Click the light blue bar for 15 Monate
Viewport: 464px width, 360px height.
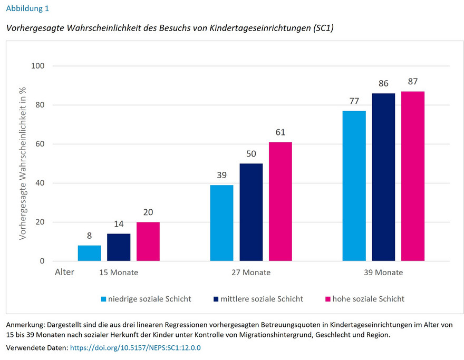click(x=89, y=253)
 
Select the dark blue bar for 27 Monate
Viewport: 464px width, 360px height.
click(x=251, y=212)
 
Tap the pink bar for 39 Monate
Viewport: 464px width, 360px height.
click(x=412, y=176)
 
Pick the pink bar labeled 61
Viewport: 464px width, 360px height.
click(x=280, y=201)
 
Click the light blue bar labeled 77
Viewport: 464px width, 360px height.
click(x=354, y=186)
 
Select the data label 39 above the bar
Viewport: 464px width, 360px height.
click(x=221, y=174)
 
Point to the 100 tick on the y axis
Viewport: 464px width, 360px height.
click(x=39, y=66)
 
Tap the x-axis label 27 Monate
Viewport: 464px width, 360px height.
click(x=251, y=273)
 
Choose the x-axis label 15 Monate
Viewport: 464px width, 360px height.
click(x=119, y=273)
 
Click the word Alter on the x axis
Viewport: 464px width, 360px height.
click(x=65, y=273)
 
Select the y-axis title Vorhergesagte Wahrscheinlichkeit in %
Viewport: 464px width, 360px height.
click(x=23, y=163)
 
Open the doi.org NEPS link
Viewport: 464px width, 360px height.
click(x=135, y=348)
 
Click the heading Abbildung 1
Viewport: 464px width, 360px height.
click(x=28, y=8)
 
